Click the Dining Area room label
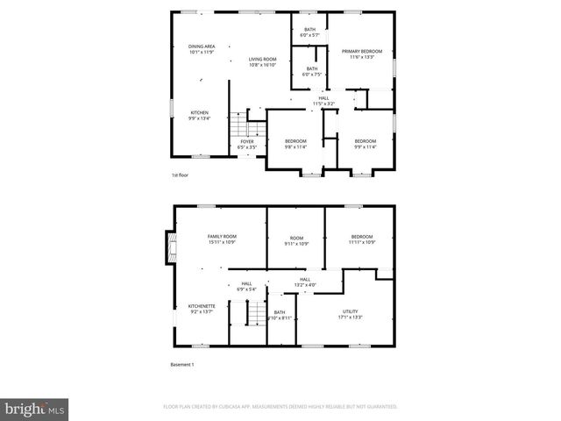[x=202, y=49]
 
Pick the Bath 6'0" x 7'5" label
[x=312, y=71]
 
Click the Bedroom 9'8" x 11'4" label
[x=295, y=144]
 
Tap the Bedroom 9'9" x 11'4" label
[x=365, y=144]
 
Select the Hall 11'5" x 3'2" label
[x=324, y=101]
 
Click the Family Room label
[x=222, y=239]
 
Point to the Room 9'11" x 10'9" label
[x=296, y=239]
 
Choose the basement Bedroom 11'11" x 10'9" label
[x=362, y=239]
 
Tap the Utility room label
[x=350, y=314]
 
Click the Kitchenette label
[x=202, y=308]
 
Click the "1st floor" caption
[x=180, y=175]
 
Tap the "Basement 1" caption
[x=181, y=364]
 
